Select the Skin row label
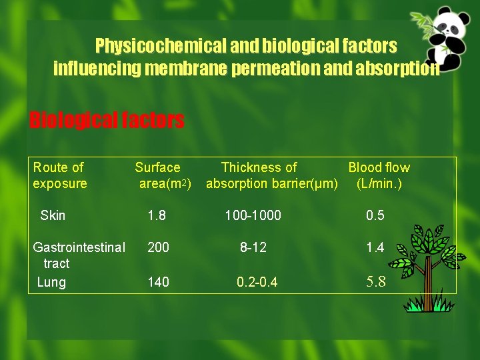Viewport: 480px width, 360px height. [x=53, y=215]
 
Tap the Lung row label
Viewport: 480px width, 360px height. [x=51, y=282]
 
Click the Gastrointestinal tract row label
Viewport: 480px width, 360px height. [x=79, y=255]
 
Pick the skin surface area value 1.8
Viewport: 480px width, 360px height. [x=157, y=215]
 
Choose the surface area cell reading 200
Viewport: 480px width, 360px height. [x=158, y=247]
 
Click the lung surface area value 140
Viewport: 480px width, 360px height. [x=158, y=282]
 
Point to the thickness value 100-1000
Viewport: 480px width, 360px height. [x=253, y=215]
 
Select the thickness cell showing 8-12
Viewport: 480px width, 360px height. [x=253, y=247]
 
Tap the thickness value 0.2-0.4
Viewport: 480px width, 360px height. [x=257, y=282]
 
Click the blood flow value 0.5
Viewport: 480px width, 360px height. [x=375, y=215]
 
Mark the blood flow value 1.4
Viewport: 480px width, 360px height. [x=375, y=247]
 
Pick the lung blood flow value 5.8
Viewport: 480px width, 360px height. [x=376, y=281]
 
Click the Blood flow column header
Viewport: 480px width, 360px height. [x=379, y=175]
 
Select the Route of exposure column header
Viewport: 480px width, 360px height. [x=59, y=175]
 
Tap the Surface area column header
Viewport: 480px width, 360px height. [x=161, y=175]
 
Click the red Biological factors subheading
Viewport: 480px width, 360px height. [x=107, y=120]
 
